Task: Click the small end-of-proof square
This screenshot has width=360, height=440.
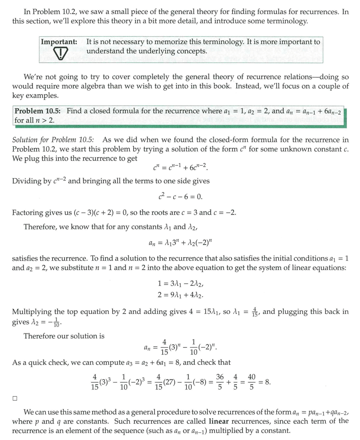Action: tap(15, 398)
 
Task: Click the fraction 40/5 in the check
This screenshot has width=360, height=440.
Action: tap(252, 382)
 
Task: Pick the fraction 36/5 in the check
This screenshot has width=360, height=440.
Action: tap(220, 382)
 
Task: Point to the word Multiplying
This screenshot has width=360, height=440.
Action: tap(32, 312)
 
